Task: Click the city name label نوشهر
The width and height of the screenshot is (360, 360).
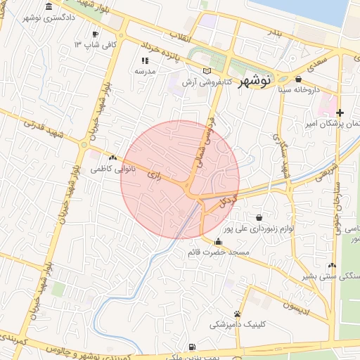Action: pos(255,82)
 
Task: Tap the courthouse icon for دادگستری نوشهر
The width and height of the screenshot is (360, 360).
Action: pos(49,7)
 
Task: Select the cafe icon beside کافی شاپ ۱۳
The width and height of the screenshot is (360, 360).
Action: pos(96,34)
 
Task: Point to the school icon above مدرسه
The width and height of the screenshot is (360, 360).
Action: pos(145,60)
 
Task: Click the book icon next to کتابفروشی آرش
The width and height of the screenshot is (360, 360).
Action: pos(206,70)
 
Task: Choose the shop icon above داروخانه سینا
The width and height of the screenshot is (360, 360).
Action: pos(299,79)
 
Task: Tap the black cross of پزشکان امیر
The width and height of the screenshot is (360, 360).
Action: pos(340,112)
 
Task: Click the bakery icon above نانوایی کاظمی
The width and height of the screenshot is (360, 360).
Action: pos(112,158)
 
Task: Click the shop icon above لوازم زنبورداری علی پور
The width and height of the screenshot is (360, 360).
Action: pos(261,217)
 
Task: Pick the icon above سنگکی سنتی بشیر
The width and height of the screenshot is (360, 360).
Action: pos(331,266)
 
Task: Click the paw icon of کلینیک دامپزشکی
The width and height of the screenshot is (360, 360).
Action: pos(237,314)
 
